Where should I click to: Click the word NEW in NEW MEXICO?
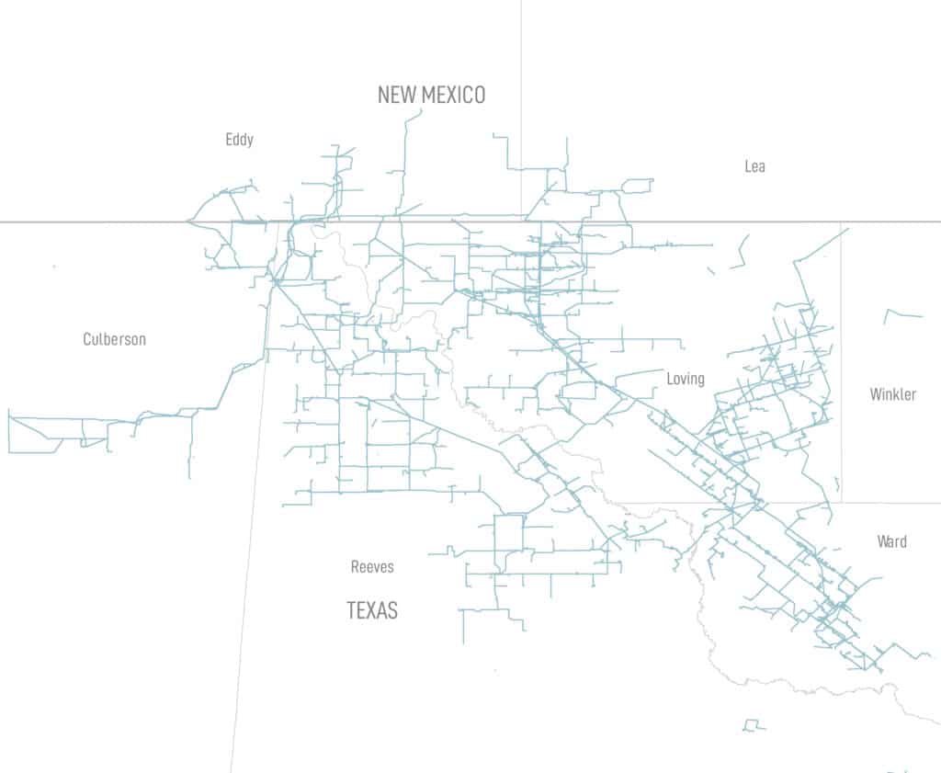click(397, 95)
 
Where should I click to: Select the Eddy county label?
click(239, 140)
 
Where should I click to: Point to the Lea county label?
click(754, 166)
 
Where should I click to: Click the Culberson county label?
click(114, 339)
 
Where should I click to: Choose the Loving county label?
click(686, 379)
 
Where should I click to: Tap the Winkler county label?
click(893, 394)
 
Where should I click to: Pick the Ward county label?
click(891, 541)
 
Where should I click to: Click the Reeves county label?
click(372, 567)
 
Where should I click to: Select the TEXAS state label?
click(372, 610)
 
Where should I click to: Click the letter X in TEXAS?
click(372, 610)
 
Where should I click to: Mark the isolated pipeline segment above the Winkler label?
click(901, 315)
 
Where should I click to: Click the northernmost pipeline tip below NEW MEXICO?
click(421, 110)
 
